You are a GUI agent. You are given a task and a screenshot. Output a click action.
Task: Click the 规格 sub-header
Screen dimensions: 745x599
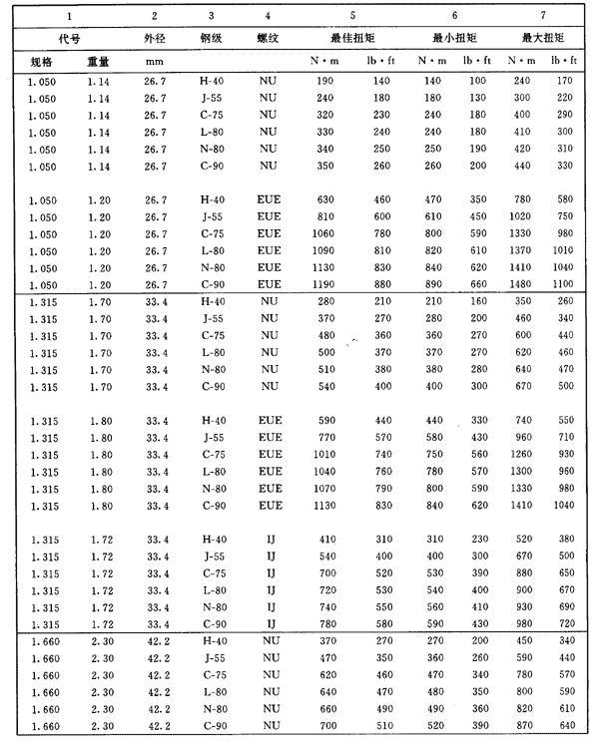pos(42,62)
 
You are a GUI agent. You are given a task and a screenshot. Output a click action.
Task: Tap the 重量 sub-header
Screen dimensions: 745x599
pos(97,62)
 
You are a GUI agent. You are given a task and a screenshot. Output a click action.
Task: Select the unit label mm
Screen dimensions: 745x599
pos(155,62)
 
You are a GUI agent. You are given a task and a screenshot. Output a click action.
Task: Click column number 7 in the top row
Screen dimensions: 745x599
pos(542,16)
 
